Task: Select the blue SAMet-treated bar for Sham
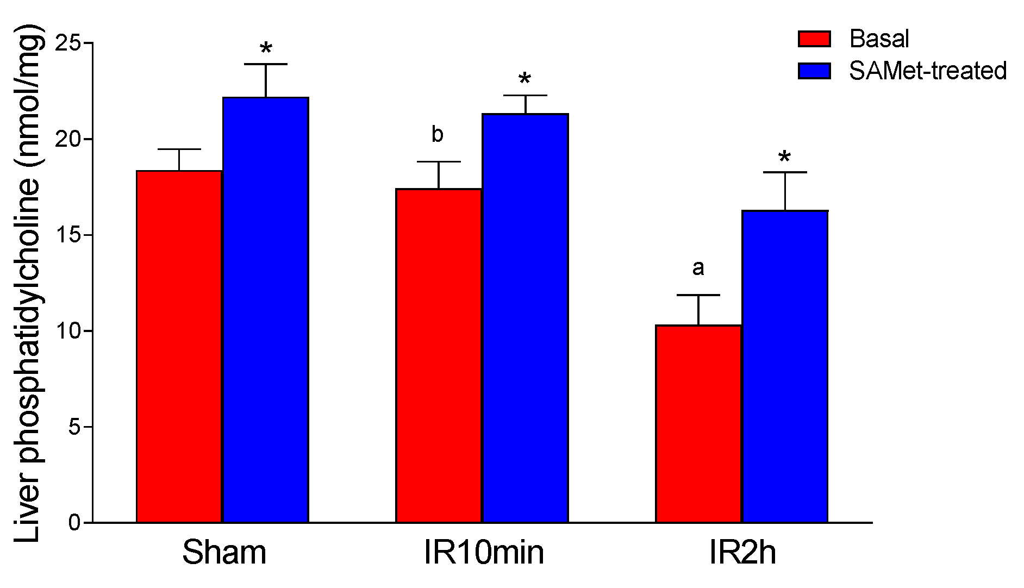[x=266, y=310]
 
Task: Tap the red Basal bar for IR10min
[x=439, y=356]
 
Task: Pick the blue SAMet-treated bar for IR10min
[x=525, y=318]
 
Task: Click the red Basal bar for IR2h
[x=698, y=424]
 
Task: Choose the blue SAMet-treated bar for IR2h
[x=785, y=367]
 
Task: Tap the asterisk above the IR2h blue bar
[x=784, y=158]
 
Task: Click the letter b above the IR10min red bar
[x=438, y=134]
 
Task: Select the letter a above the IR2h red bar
[x=698, y=267]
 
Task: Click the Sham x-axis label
[x=224, y=553]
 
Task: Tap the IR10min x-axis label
[x=483, y=553]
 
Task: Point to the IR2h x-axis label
[x=742, y=553]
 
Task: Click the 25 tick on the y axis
[x=67, y=43]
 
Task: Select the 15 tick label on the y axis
[x=67, y=235]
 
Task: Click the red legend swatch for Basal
[x=814, y=39]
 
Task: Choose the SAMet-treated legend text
[x=928, y=71]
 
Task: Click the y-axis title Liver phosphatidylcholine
[x=27, y=283]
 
